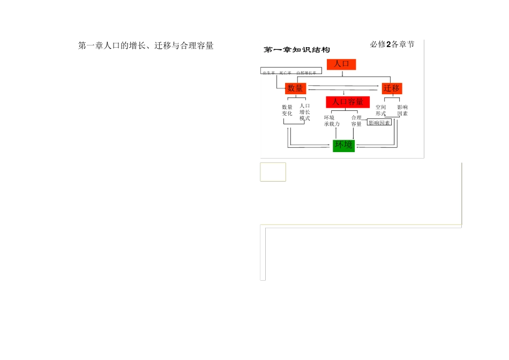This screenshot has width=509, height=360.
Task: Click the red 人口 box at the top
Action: [341, 64]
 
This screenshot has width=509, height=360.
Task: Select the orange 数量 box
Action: [295, 88]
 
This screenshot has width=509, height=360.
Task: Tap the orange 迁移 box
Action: [392, 88]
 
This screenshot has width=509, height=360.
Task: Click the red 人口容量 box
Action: [348, 102]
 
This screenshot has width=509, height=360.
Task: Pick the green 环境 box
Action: [343, 145]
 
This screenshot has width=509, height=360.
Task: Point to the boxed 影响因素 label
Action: [379, 123]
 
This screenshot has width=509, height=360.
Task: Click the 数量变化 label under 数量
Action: [287, 110]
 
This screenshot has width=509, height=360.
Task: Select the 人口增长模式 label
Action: [305, 112]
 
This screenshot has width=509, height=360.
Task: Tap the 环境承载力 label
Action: [332, 121]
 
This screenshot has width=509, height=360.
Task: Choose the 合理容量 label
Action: [356, 121]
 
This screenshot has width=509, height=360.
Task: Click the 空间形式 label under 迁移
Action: [380, 110]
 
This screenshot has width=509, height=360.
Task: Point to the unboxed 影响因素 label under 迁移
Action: [402, 110]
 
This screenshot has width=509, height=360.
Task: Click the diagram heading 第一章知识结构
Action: [297, 50]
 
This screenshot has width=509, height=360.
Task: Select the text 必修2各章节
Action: [392, 44]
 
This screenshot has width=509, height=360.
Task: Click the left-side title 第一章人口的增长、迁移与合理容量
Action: [146, 46]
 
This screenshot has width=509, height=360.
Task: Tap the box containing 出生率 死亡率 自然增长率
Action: [291, 72]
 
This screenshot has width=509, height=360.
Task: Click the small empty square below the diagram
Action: [273, 172]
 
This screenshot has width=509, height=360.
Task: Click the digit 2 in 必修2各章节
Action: [388, 44]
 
